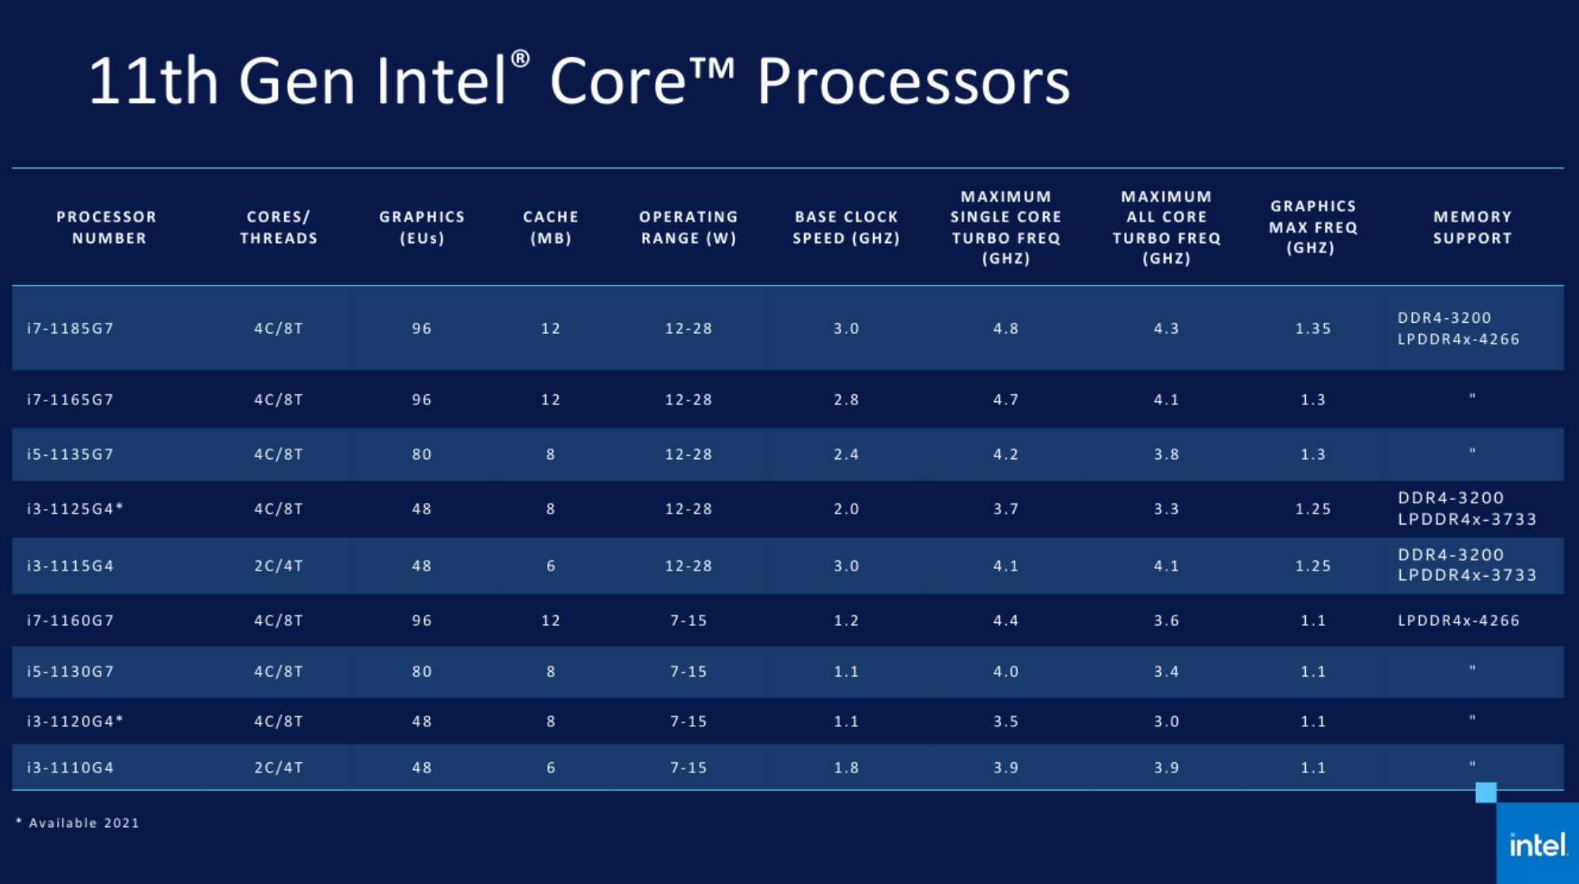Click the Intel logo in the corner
click(x=1537, y=845)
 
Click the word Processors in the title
click(x=913, y=82)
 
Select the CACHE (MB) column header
click(x=551, y=227)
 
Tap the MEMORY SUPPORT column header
click(x=1472, y=227)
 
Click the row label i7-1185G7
click(x=70, y=328)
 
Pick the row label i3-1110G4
click(x=70, y=768)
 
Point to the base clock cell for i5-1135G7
click(x=846, y=454)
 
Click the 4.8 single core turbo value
click(x=1006, y=328)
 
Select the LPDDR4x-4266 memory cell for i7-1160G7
click(x=1458, y=620)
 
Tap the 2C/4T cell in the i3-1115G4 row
click(x=279, y=566)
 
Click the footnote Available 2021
click(x=78, y=823)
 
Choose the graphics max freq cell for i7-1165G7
click(x=1312, y=400)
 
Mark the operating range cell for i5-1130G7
click(x=688, y=672)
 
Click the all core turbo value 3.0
click(x=1166, y=722)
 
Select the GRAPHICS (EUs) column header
click(x=422, y=227)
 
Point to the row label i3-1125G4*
click(x=75, y=509)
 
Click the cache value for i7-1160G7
click(x=551, y=620)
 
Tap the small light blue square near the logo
click(x=1486, y=792)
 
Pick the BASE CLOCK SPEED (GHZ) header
click(x=846, y=227)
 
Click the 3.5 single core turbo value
click(x=1006, y=722)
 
